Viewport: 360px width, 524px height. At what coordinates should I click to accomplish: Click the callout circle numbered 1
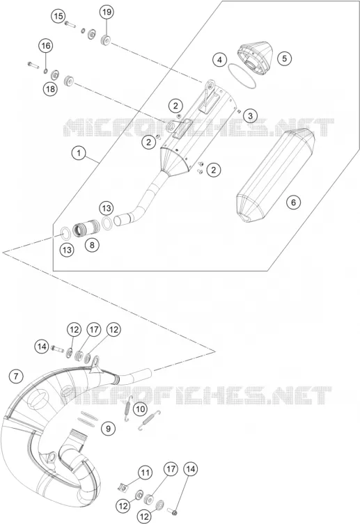point(79,153)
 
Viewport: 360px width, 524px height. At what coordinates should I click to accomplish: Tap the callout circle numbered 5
point(285,58)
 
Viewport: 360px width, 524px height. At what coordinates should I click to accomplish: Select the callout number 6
point(293,203)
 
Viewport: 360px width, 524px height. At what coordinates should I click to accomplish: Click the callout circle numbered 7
point(16,376)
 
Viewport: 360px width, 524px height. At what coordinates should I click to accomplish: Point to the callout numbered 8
point(92,245)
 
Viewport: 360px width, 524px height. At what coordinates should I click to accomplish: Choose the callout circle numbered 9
point(109,428)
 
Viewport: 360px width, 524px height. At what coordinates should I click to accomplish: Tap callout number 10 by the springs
point(141,408)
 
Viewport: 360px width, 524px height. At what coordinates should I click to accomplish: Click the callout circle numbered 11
point(146,473)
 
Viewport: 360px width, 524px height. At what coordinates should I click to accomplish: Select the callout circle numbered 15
point(58,16)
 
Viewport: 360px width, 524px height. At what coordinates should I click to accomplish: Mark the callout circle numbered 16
point(46,45)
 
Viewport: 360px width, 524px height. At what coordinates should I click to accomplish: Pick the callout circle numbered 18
point(50,89)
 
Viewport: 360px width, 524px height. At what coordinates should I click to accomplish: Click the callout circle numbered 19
point(107,13)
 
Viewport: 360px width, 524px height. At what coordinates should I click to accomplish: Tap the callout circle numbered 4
point(219,60)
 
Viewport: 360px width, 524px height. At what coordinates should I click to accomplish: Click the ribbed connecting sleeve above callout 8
point(86,227)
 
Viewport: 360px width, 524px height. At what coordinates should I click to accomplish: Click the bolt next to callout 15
point(70,24)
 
